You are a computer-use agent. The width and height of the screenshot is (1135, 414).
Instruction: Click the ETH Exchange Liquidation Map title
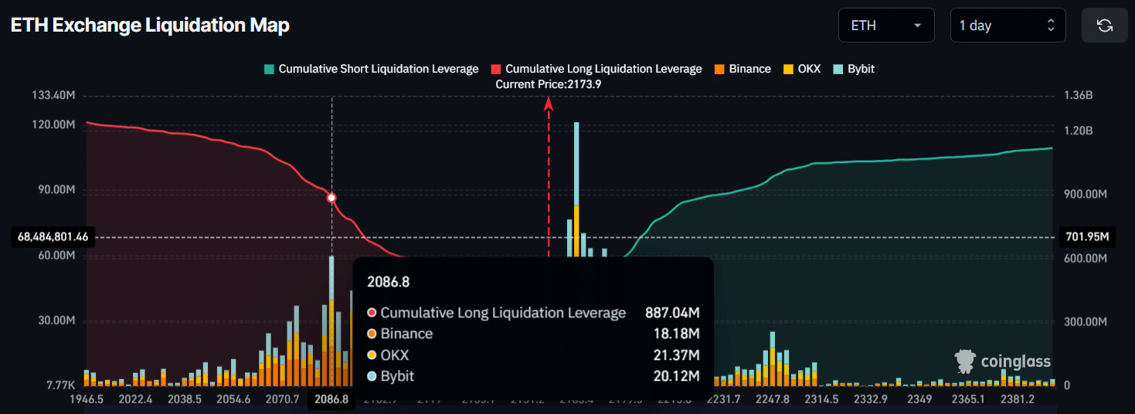[150, 25]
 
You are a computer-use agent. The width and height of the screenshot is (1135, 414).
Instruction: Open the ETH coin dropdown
[885, 25]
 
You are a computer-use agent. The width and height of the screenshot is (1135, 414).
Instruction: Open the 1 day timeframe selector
[1007, 25]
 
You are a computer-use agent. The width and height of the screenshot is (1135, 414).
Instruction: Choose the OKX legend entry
[802, 69]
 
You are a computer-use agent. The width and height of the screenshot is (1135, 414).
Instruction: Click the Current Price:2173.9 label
[549, 83]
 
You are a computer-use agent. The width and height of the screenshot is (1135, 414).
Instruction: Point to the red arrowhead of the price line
[549, 103]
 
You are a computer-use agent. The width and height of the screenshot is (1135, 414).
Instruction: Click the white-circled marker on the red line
[331, 198]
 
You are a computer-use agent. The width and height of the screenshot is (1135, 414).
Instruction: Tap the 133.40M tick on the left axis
[53, 95]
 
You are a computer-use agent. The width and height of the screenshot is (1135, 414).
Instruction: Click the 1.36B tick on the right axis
[1079, 95]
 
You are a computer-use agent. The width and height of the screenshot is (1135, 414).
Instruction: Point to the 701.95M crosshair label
[1086, 237]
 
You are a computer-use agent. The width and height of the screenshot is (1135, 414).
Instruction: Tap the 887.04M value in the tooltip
[672, 313]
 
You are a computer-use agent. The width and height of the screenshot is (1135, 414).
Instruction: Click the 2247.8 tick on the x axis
[772, 399]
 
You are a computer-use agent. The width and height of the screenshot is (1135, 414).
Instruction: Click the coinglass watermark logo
[1003, 361]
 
